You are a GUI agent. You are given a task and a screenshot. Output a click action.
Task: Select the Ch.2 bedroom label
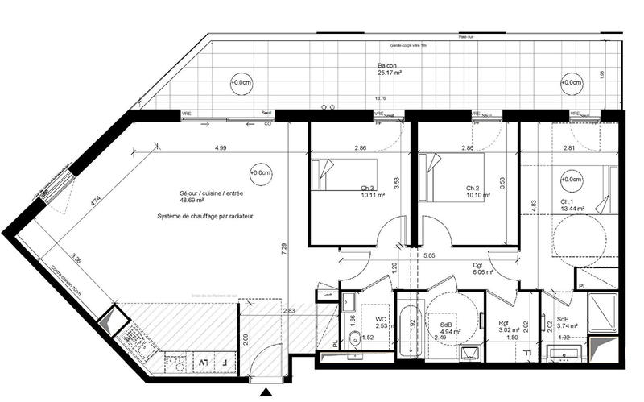pyautogui.click(x=473, y=189)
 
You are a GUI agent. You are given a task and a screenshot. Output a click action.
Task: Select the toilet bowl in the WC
pyautogui.click(x=350, y=303)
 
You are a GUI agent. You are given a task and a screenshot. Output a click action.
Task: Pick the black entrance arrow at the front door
pyautogui.click(x=266, y=393)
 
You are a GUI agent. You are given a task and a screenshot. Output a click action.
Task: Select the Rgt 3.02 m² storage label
pyautogui.click(x=507, y=325)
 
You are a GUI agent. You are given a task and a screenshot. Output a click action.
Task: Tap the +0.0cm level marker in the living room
pyautogui.click(x=260, y=172)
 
